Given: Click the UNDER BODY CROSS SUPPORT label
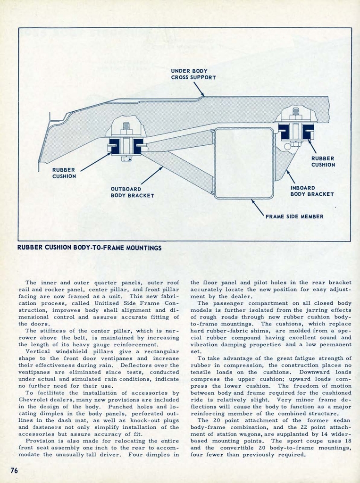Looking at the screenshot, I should click(x=193, y=74).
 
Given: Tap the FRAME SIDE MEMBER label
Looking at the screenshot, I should click(x=294, y=217).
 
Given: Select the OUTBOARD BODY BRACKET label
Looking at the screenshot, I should click(x=132, y=192).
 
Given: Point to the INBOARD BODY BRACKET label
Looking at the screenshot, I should click(x=312, y=191).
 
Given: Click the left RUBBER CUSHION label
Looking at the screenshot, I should click(x=64, y=173).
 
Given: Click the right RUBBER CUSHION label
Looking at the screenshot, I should click(x=323, y=162).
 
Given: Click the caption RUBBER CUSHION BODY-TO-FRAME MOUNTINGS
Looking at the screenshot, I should click(x=89, y=248).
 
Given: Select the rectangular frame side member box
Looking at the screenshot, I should click(x=243, y=163).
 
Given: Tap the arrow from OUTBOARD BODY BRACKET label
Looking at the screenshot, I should click(x=151, y=175).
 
